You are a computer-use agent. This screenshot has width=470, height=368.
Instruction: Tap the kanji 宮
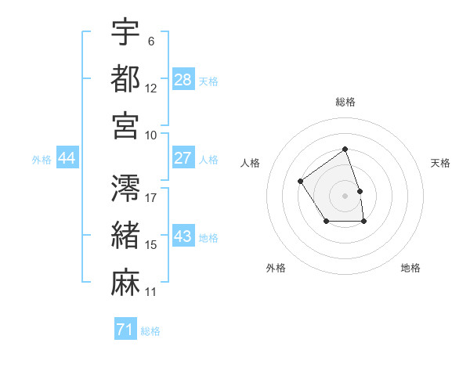[x=125, y=125]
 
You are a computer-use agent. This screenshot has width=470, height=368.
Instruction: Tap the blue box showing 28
[x=183, y=80]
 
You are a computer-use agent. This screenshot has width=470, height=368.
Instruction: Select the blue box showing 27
[x=183, y=158]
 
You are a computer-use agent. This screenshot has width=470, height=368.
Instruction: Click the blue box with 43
[x=183, y=236]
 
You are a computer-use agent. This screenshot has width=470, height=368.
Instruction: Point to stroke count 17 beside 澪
[x=151, y=197]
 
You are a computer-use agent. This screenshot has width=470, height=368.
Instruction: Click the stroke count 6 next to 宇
[x=151, y=41]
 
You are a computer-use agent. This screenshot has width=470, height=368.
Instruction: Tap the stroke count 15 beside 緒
[x=151, y=245]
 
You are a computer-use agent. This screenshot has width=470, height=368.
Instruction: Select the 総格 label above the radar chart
[x=345, y=102]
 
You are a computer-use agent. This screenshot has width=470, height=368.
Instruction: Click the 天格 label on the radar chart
[x=441, y=163]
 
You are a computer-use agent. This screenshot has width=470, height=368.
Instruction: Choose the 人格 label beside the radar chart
[x=251, y=163]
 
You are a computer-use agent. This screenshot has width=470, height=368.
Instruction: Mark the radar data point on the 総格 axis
[x=345, y=150]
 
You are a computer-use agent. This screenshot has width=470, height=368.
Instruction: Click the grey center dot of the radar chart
[x=345, y=195]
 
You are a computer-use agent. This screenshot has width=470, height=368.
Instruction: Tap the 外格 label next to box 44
[x=42, y=160]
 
